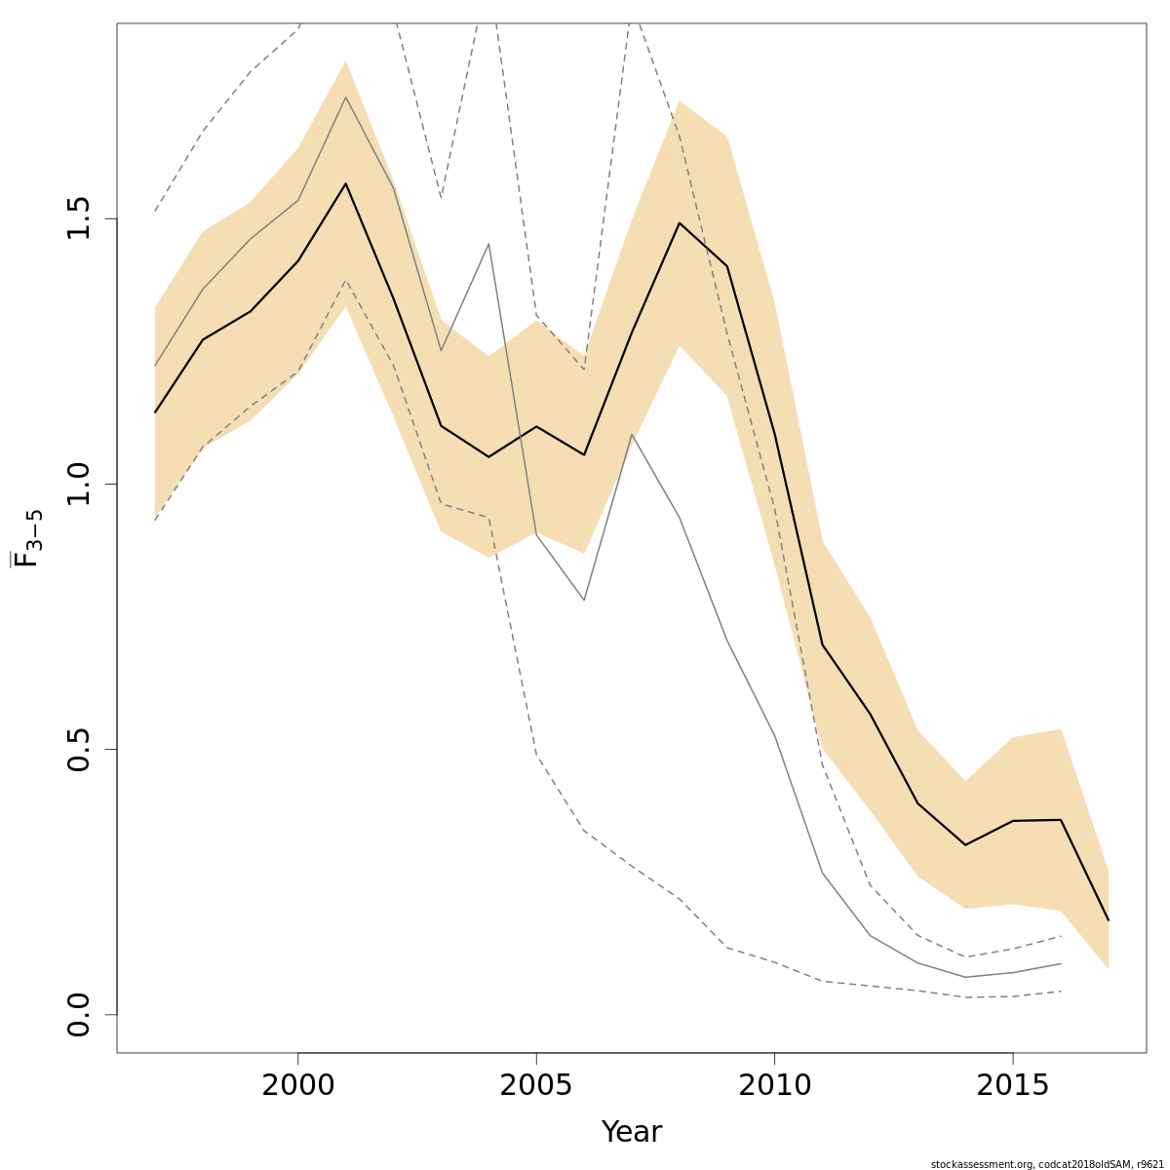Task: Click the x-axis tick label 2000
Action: (297, 1085)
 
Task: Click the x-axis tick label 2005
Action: (536, 1085)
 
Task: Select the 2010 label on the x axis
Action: (774, 1085)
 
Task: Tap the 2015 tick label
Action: (1013, 1085)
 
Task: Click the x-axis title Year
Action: (632, 1132)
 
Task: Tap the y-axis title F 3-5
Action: (27, 538)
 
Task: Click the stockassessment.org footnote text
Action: (1047, 1164)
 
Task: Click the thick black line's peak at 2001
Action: (345, 183)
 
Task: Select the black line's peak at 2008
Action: (680, 223)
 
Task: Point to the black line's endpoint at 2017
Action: (1109, 919)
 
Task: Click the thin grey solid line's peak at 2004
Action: (488, 244)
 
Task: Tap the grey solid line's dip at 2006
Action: (584, 600)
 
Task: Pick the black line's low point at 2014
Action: (965, 844)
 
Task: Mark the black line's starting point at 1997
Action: (155, 412)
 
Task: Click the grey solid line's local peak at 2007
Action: (632, 434)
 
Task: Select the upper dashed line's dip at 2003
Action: (441, 198)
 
